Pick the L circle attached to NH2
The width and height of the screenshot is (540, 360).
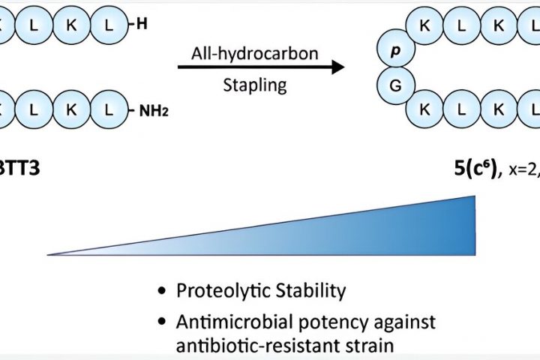click(x=109, y=112)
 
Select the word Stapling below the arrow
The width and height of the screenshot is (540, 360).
click(x=255, y=84)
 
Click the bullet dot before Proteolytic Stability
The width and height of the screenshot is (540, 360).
click(x=162, y=291)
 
